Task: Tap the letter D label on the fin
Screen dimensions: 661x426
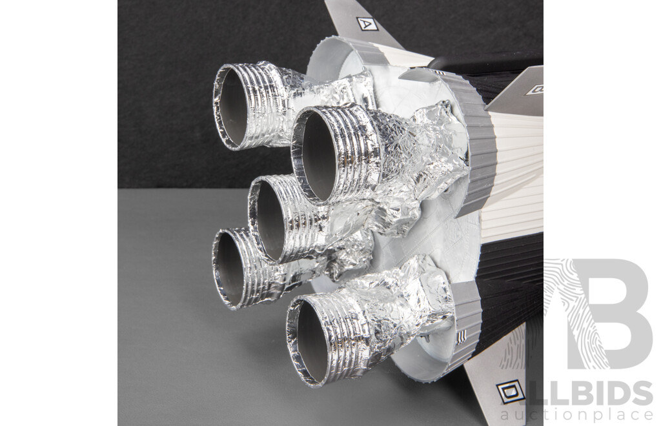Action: (x=510, y=392)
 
